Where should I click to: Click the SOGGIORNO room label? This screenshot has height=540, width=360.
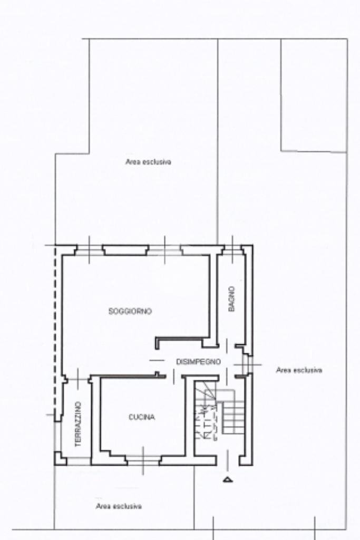(130, 312)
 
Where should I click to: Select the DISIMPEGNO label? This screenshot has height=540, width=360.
(198, 361)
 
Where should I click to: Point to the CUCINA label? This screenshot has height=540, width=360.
(142, 417)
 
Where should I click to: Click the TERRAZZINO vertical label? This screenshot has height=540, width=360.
(78, 425)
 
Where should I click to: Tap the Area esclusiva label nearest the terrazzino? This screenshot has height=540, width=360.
(119, 506)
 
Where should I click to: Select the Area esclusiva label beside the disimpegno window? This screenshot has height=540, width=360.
(299, 370)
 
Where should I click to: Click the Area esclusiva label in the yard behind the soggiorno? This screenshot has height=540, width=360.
(148, 162)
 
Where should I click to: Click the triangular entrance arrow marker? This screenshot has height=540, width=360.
(228, 479)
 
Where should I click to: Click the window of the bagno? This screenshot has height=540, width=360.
(232, 247)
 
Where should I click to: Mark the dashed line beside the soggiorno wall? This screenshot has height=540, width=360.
(54, 327)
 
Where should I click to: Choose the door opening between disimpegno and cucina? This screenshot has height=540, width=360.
(173, 376)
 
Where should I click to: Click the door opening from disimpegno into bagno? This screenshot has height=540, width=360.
(227, 346)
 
